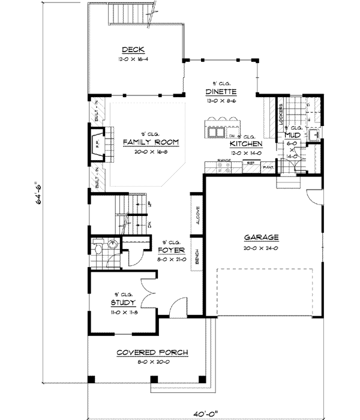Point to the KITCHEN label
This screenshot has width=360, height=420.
(x=246, y=145)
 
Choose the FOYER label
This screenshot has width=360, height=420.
(x=171, y=250)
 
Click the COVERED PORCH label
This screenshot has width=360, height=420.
(x=152, y=352)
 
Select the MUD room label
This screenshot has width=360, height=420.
(x=292, y=136)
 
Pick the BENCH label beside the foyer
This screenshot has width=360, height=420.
(x=197, y=256)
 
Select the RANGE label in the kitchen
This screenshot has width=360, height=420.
(x=224, y=161)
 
